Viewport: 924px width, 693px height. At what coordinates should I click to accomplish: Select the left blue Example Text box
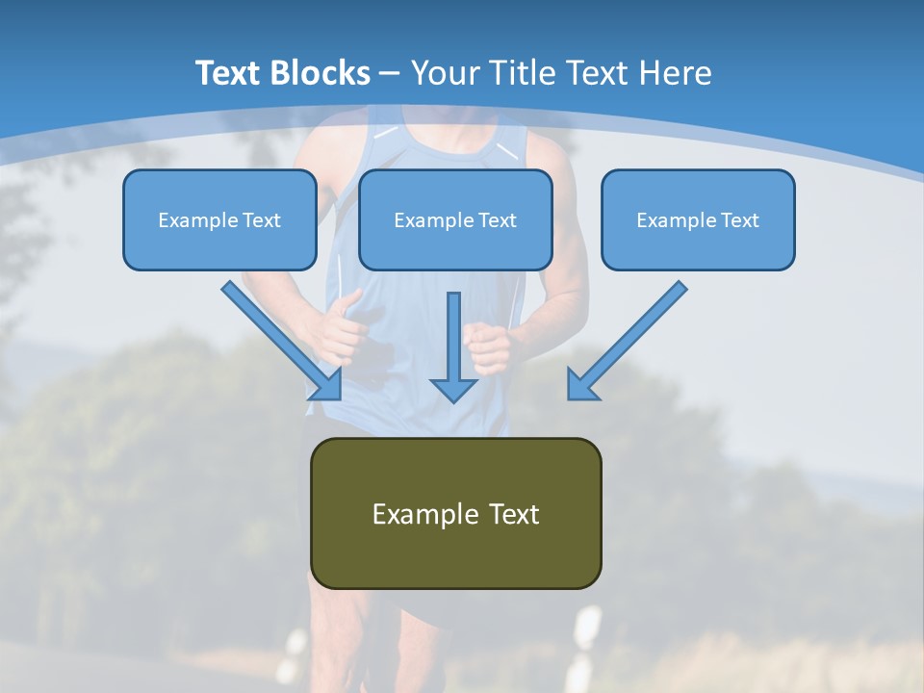[219, 219]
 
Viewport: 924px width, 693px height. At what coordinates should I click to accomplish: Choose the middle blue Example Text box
[455, 219]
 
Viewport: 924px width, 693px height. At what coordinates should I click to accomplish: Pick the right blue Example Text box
[698, 219]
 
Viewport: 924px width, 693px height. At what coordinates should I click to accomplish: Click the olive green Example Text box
[455, 513]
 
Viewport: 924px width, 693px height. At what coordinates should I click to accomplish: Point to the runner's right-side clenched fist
[488, 347]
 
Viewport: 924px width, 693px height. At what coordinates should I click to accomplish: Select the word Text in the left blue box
[262, 219]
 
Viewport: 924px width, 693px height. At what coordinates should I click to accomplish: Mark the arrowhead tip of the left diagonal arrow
[340, 398]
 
